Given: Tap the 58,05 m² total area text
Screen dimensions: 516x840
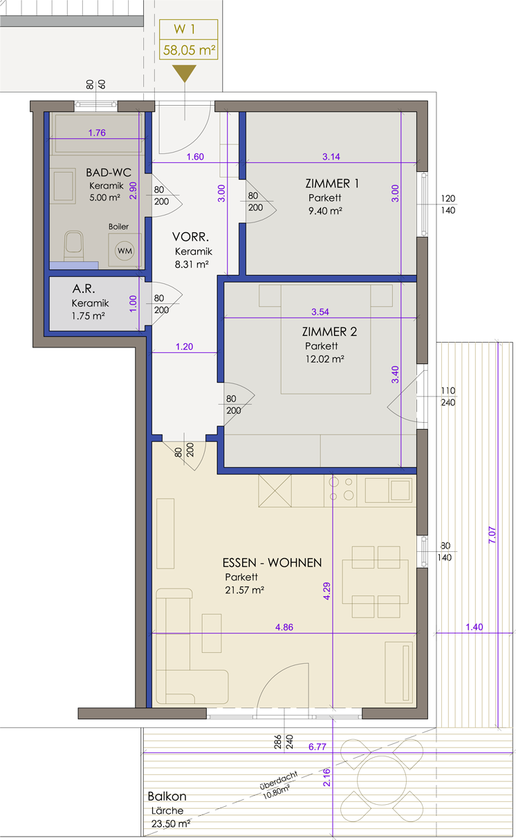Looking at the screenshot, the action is tap(190, 50).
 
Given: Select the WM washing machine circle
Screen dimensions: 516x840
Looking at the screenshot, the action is tap(125, 251).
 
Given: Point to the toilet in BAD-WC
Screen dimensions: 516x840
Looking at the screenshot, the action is tap(73, 246).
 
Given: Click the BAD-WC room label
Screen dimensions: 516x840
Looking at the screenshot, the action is tap(109, 173).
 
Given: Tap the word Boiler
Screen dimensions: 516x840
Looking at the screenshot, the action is tap(118, 227).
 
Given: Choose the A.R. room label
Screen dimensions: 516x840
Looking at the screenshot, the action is tap(84, 289).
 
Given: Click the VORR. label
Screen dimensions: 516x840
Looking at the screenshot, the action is tap(190, 237).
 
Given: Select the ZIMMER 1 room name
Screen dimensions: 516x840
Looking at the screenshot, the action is tap(332, 183).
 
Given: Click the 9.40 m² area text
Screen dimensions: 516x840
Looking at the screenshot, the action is tap(325, 211).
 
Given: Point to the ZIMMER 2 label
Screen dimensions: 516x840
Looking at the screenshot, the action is tap(329, 332).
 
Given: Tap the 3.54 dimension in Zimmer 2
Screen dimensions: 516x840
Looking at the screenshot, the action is tap(320, 312).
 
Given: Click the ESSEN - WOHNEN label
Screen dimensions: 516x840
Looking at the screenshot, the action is tap(272, 562).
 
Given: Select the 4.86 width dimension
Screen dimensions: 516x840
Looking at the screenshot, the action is tap(284, 627).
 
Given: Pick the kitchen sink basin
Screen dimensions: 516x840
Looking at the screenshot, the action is tap(400, 490).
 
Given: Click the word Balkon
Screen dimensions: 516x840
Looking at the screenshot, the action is tap(167, 796).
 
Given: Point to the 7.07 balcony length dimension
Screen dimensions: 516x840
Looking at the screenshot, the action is tap(492, 535).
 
